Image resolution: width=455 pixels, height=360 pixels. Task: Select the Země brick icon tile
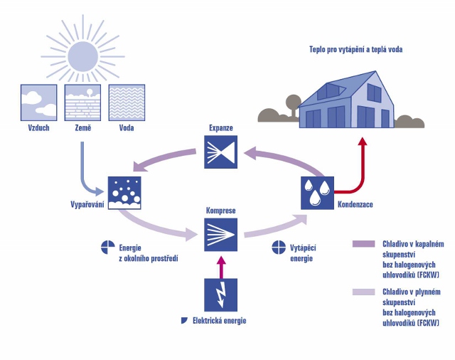(80, 102)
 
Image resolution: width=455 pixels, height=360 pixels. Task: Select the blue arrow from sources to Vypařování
(89, 174)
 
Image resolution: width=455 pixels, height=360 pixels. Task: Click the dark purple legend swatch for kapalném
(363, 244)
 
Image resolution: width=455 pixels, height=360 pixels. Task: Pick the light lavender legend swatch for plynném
(363, 292)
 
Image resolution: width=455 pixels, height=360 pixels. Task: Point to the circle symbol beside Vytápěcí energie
(279, 248)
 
